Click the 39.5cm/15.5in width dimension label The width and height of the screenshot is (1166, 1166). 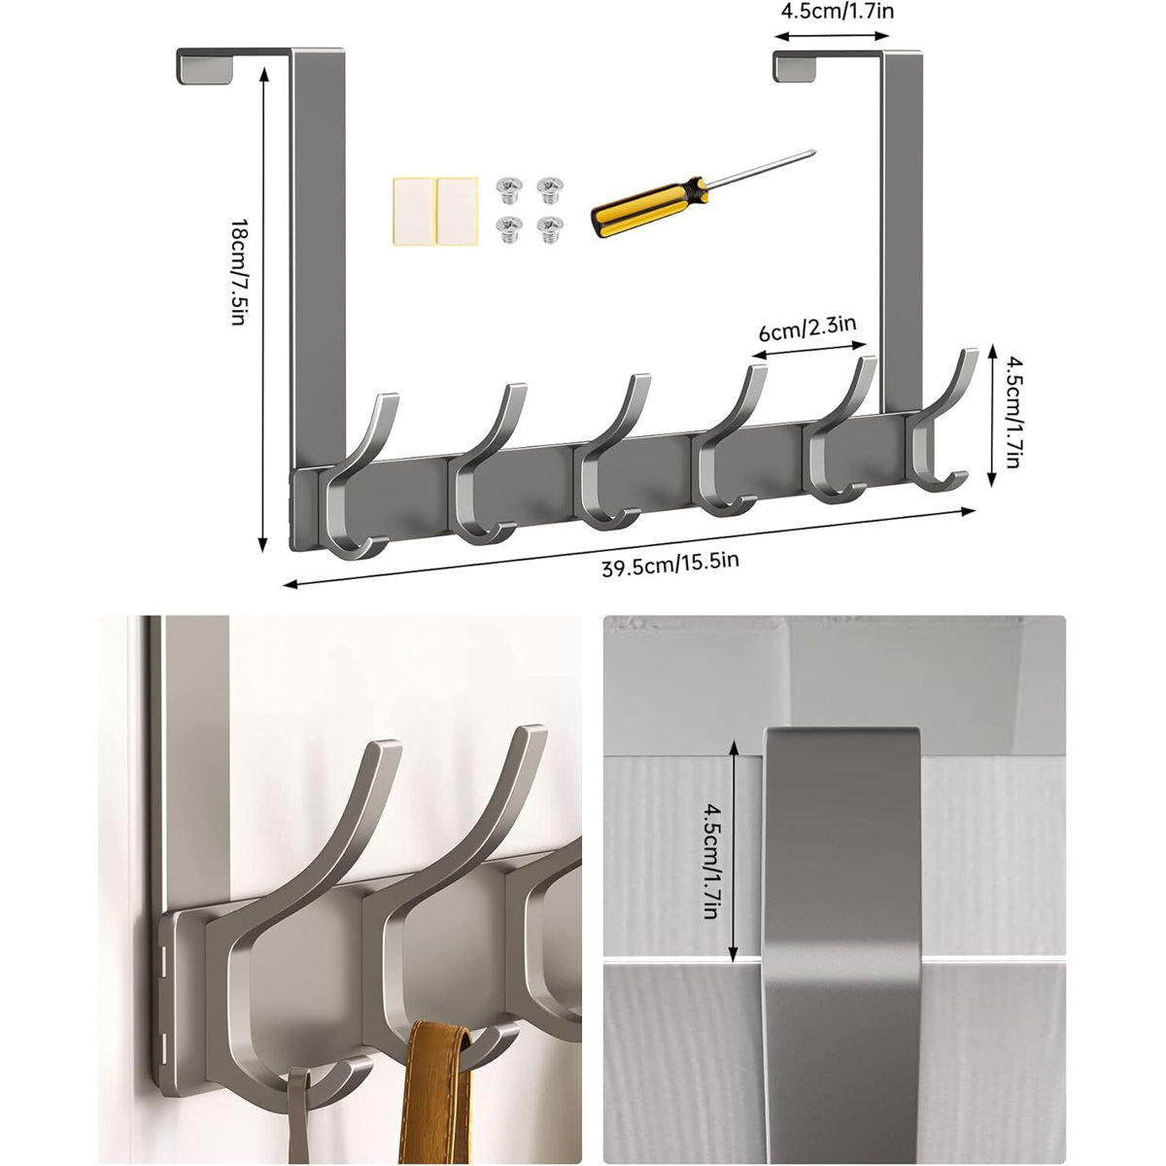point(670,563)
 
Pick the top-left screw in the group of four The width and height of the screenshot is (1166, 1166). point(506,186)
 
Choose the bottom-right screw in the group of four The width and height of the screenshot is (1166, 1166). point(549,228)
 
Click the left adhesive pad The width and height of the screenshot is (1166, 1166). point(413,208)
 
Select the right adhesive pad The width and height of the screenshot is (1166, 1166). point(458,208)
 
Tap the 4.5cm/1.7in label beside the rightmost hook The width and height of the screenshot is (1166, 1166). point(1012,413)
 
